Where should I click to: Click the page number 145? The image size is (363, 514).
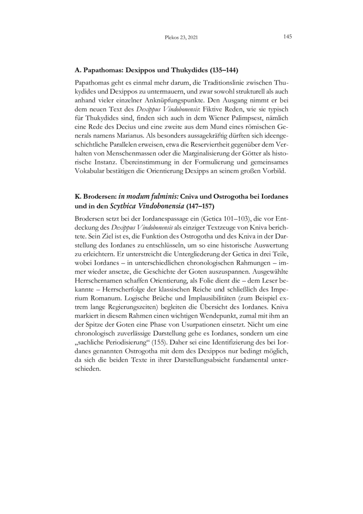click(x=287, y=36)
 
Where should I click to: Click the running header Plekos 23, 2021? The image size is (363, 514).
click(x=181, y=38)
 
